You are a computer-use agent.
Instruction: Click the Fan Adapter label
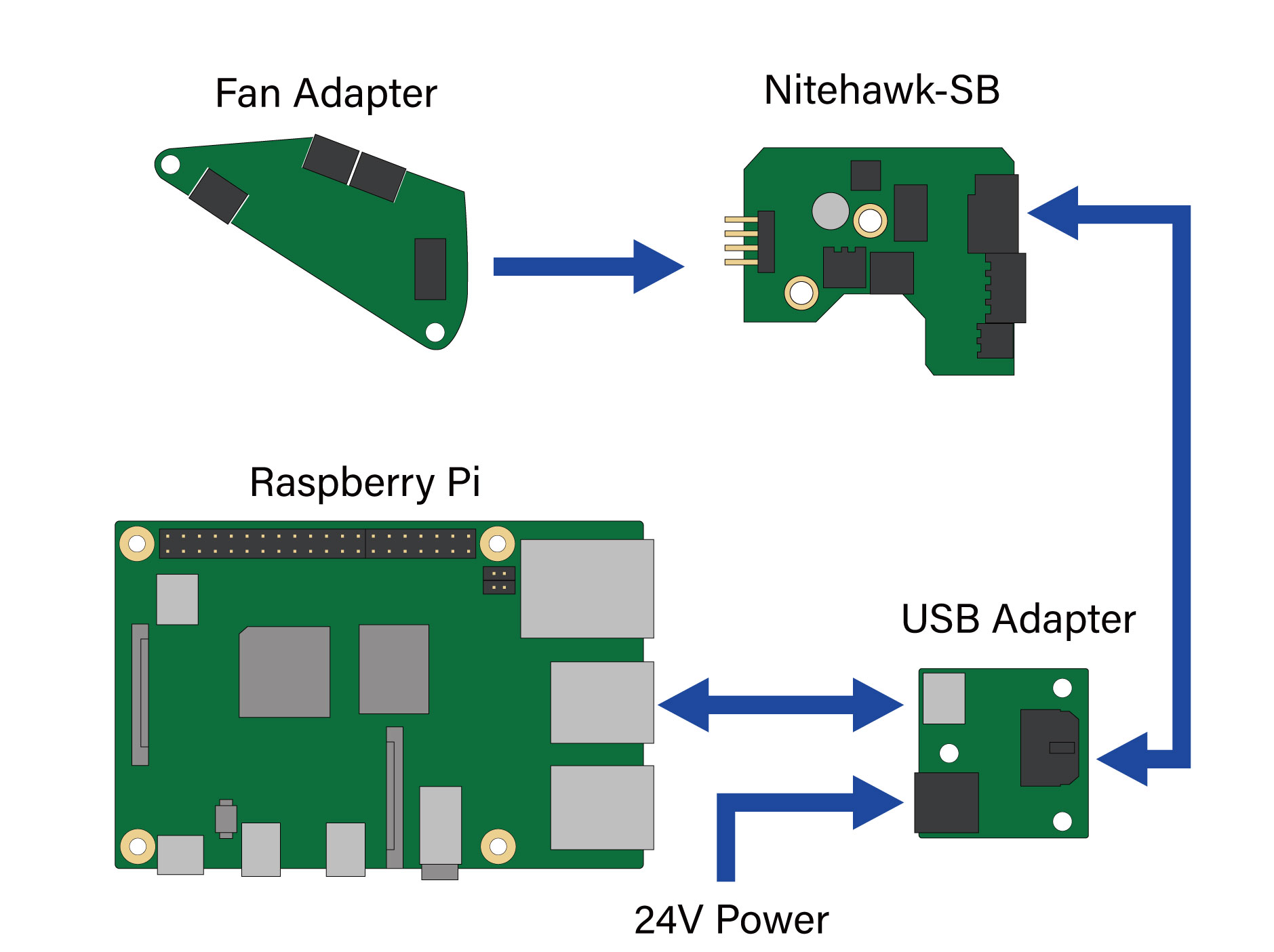tap(325, 94)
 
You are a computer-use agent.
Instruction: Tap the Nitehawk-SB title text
tap(881, 90)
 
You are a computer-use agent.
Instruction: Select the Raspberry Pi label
tap(365, 482)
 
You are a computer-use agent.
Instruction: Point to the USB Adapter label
tap(1018, 619)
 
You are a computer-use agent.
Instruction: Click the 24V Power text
tap(731, 920)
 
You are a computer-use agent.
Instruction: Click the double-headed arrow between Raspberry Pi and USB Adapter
tap(780, 705)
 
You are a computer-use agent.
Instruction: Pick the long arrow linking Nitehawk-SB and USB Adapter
tap(1181, 474)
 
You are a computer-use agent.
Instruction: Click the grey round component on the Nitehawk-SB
tap(830, 211)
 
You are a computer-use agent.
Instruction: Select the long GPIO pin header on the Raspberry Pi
tap(317, 543)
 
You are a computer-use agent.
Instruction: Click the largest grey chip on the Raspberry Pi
tap(285, 671)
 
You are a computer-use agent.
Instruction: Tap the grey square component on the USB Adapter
tap(944, 698)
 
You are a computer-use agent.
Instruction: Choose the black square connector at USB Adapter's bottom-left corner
tap(946, 802)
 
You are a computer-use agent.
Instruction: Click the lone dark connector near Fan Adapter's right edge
tap(430, 269)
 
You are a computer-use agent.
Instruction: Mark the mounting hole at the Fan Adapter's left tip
tap(170, 164)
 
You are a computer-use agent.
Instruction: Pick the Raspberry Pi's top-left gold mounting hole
tap(137, 543)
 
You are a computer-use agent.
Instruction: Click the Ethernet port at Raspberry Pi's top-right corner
tap(586, 588)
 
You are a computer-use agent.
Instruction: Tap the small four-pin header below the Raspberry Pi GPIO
tap(498, 580)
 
